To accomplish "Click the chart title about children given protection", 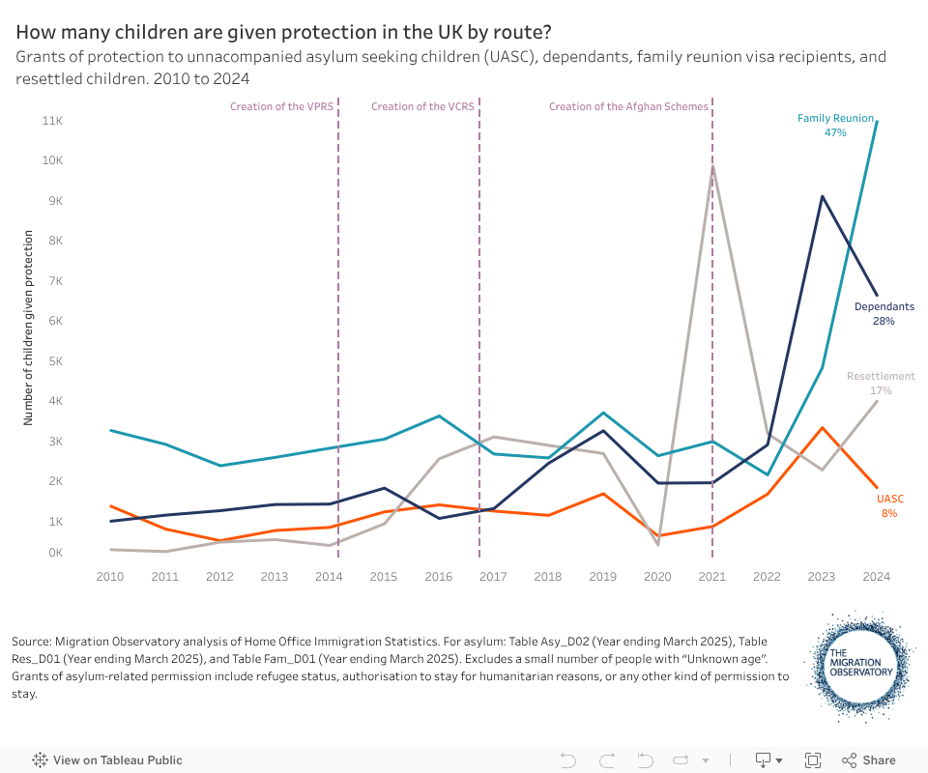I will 283,32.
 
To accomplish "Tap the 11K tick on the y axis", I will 79,121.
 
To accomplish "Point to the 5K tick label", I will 79,361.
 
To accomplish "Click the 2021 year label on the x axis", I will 712,577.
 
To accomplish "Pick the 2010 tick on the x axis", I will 110,577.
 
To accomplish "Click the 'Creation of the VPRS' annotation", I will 281,106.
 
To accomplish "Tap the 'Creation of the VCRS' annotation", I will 422,106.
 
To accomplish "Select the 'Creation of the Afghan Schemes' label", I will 628,106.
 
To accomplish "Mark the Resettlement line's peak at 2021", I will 712,165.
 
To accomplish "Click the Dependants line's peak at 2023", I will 822,196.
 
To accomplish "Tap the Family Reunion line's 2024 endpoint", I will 877,121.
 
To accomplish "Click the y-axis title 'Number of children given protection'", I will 29,328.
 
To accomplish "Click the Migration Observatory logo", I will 858,666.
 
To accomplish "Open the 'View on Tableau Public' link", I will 107,760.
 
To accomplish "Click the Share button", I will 868,760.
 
